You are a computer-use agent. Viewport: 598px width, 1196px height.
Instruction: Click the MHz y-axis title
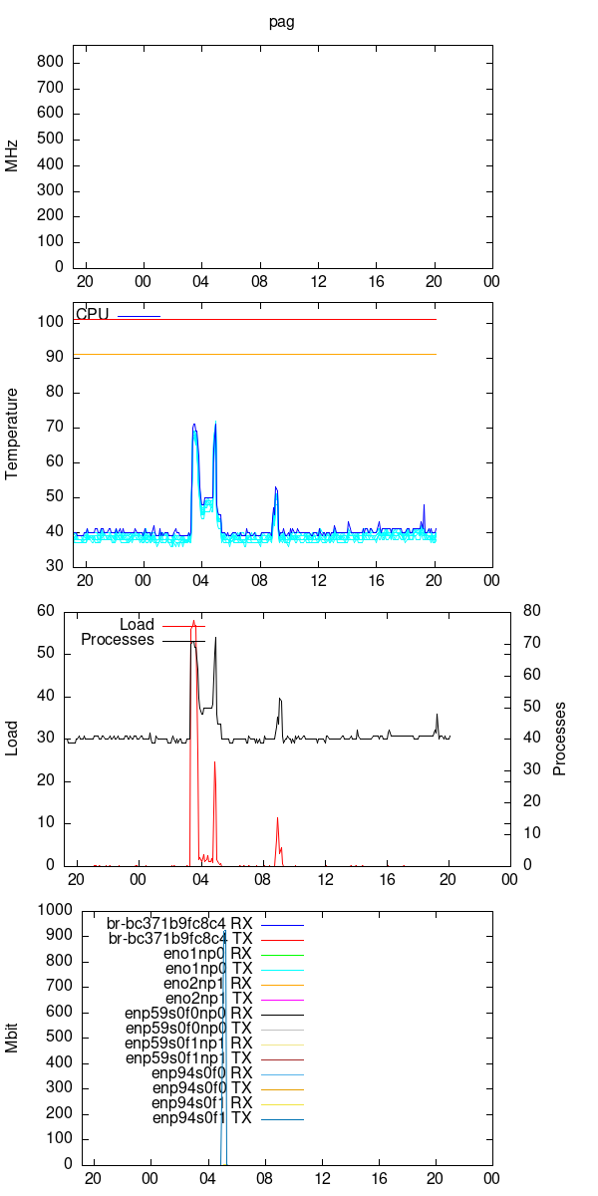pyautogui.click(x=12, y=156)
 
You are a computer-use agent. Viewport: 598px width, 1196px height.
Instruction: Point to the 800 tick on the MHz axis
pyautogui.click(x=50, y=62)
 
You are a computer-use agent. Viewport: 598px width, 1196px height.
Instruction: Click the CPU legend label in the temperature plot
pyautogui.click(x=92, y=315)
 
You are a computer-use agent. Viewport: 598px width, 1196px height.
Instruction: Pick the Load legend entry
pyautogui.click(x=137, y=625)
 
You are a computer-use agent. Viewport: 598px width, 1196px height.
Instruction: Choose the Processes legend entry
pyautogui.click(x=118, y=640)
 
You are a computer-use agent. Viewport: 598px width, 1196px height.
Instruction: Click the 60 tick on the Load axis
pyautogui.click(x=45, y=611)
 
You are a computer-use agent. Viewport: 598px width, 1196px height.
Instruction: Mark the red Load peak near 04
pyautogui.click(x=194, y=621)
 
